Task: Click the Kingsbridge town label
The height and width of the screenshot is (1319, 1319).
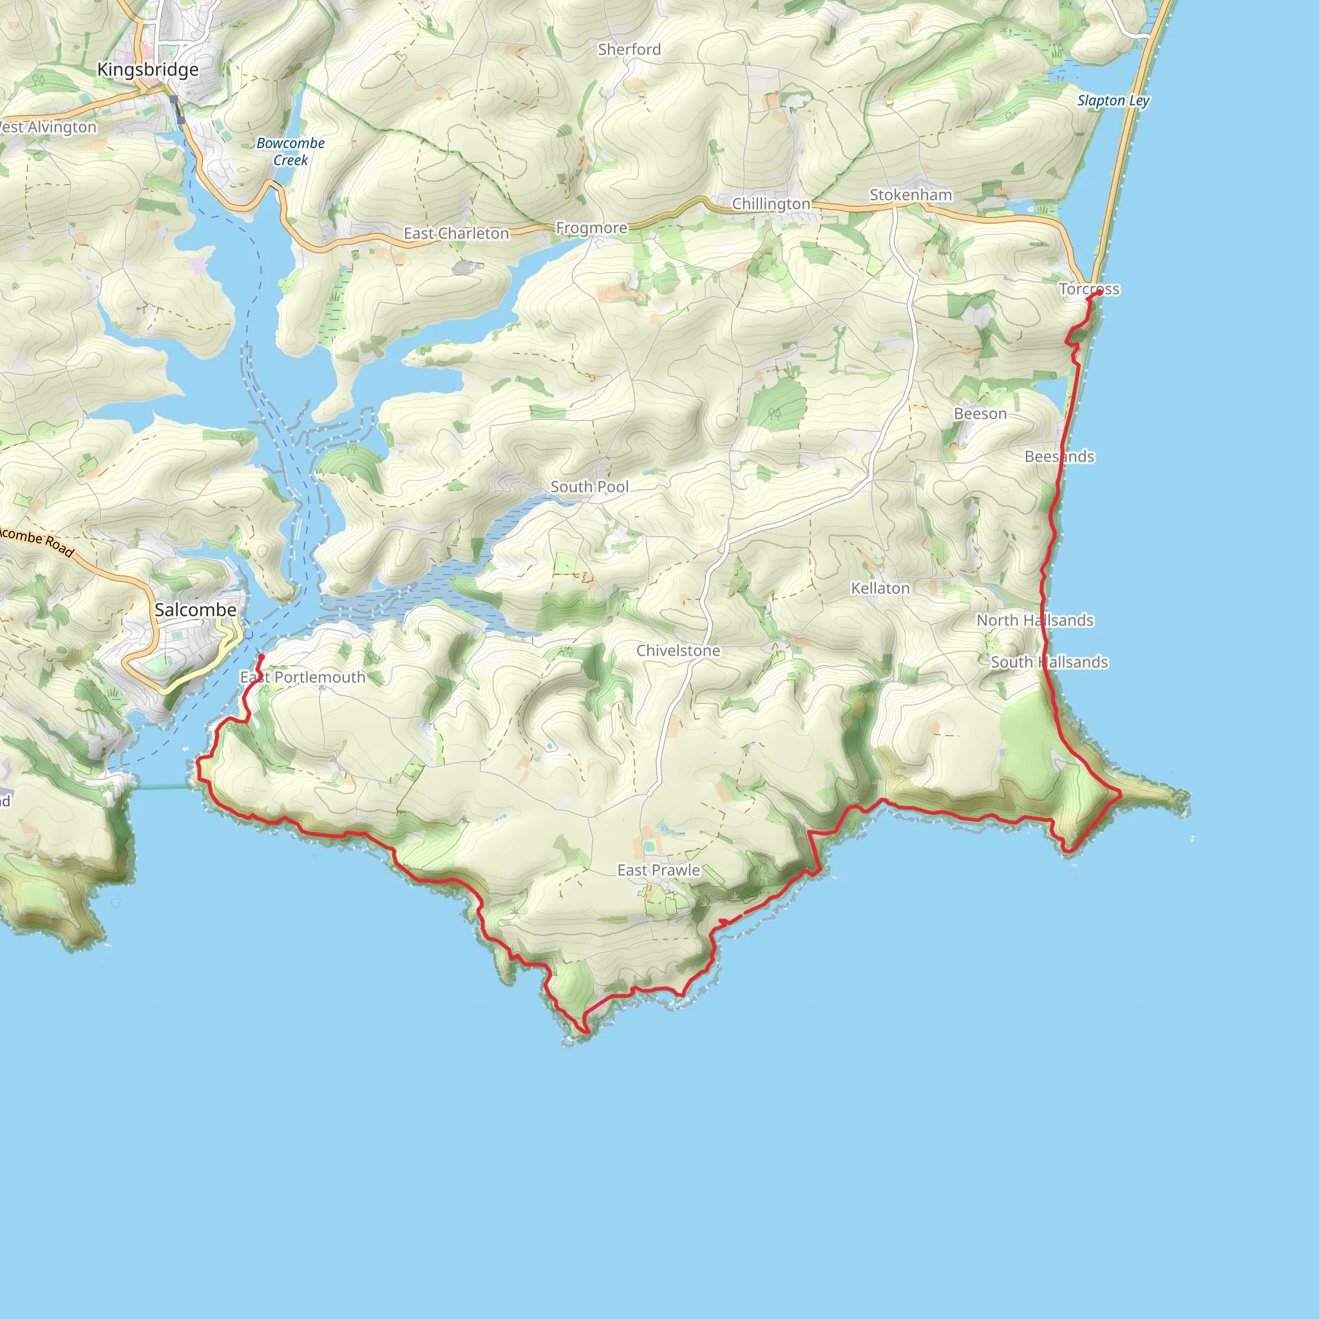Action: [x=147, y=70]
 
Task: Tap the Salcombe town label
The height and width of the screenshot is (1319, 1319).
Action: [x=195, y=610]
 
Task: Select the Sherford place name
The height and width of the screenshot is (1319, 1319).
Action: [x=629, y=50]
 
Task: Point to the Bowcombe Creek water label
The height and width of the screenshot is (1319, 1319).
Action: [x=291, y=151]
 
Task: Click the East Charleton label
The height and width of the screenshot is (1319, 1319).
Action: [x=456, y=234]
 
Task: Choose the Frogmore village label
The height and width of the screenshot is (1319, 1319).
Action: [x=591, y=228]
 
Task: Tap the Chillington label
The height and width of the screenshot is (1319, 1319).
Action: [x=771, y=204]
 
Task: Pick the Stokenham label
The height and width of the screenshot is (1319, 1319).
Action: [x=911, y=195]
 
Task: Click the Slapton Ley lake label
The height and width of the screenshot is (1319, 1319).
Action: [x=1114, y=101]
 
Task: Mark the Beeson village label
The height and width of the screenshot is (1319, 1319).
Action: [x=980, y=413]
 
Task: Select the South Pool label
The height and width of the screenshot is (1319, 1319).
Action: [x=590, y=487]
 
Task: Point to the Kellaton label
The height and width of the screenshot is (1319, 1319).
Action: [x=880, y=589]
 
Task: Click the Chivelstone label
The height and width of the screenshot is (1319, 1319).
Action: [x=678, y=650]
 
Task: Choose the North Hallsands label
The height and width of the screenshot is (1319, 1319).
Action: [x=1035, y=621]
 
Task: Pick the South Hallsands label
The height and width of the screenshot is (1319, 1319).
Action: [x=1049, y=662]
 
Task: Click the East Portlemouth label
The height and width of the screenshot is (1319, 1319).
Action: [x=303, y=678]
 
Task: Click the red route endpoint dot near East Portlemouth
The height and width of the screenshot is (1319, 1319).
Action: [x=261, y=658]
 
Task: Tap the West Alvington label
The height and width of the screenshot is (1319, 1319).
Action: [x=48, y=128]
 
